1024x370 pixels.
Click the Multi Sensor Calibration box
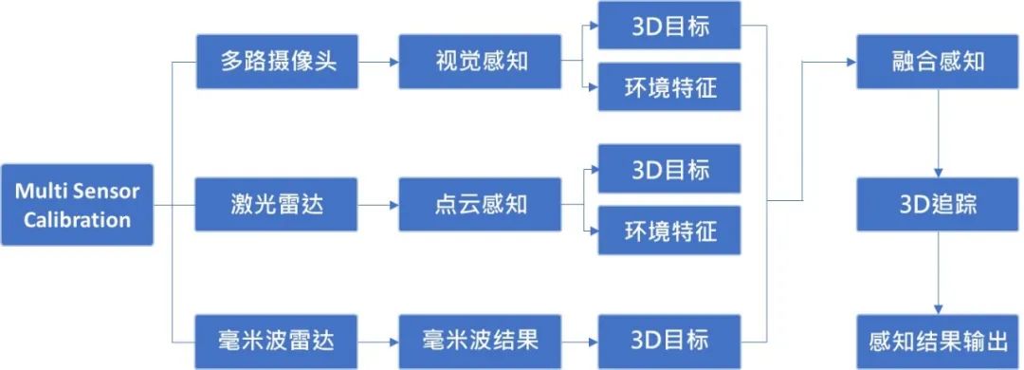click(x=77, y=205)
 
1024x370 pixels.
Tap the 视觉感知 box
click(x=480, y=63)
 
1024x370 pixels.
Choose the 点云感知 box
click(x=480, y=204)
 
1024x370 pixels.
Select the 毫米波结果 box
click(x=480, y=342)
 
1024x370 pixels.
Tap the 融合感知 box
click(x=939, y=63)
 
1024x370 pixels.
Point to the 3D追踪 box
click(x=939, y=204)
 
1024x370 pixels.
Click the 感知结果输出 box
click(x=939, y=342)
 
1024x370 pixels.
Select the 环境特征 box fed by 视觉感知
click(x=669, y=88)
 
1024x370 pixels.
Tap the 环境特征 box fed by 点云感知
click(x=669, y=230)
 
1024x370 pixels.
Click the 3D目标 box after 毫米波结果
click(x=669, y=342)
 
